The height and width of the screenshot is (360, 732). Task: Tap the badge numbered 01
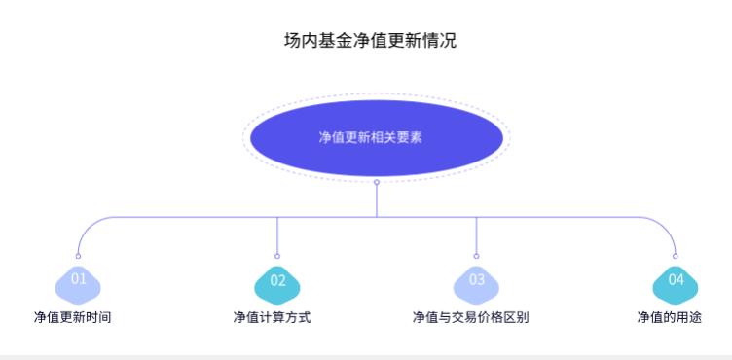point(78,280)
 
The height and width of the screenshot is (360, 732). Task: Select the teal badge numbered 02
point(277,281)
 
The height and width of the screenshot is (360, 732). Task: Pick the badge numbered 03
point(476,280)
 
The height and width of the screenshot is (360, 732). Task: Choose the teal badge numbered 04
point(675,281)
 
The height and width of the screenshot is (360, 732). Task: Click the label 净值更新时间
point(72,317)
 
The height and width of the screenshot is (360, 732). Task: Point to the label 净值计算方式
point(272,317)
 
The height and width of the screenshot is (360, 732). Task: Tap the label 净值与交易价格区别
point(470,317)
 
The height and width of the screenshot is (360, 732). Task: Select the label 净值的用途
point(669,317)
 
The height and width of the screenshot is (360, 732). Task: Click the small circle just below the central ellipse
point(377,182)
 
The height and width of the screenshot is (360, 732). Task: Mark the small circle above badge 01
point(78,256)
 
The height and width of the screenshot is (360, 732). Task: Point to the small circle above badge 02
point(277,256)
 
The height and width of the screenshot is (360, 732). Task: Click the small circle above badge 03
point(476,256)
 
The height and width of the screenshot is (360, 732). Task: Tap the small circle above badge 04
point(675,256)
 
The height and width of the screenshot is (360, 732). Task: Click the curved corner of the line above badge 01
point(85,225)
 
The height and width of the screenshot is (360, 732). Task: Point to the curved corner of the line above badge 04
point(668,225)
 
